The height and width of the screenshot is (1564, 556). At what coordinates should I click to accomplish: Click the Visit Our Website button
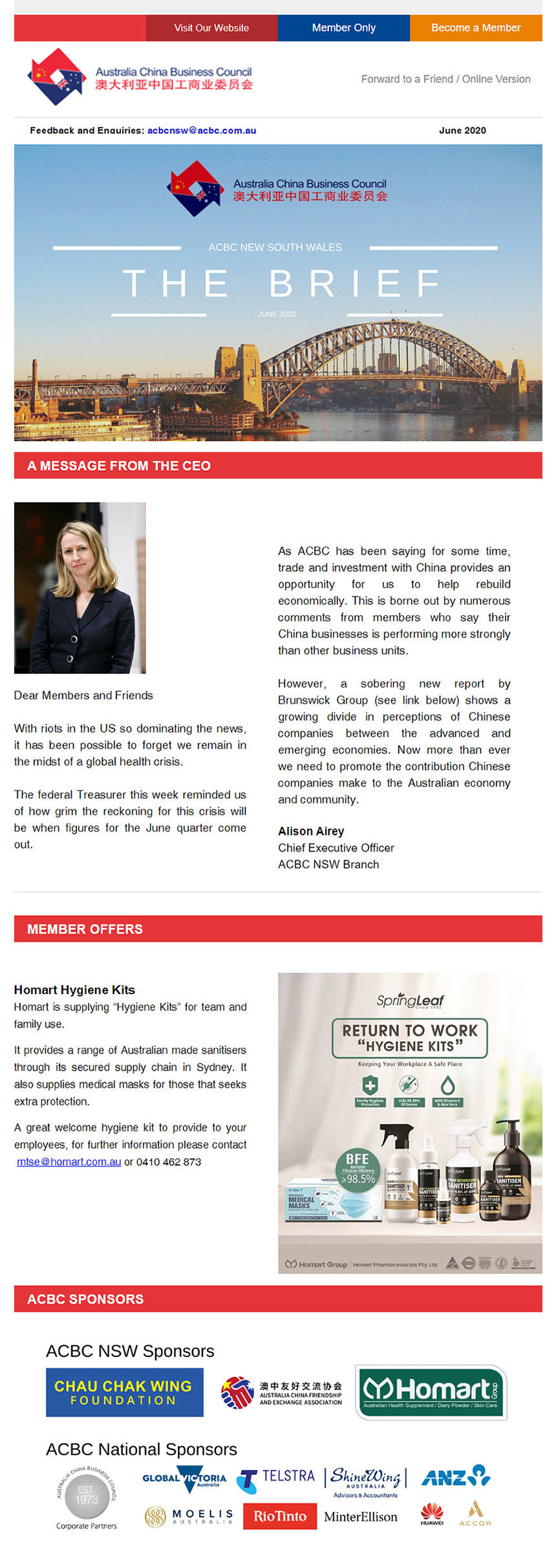[211, 28]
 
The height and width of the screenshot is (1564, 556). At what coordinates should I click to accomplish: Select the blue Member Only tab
[343, 28]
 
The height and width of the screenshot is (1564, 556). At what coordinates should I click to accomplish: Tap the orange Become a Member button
[476, 28]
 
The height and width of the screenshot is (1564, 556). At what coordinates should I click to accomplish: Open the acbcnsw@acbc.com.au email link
[201, 130]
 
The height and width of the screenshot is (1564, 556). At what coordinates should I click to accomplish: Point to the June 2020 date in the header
[462, 130]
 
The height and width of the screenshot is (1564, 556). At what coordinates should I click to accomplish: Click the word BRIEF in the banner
[355, 283]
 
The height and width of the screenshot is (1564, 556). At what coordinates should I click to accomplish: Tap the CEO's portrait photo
[80, 587]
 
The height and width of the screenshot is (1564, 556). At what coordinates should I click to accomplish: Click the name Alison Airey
[311, 831]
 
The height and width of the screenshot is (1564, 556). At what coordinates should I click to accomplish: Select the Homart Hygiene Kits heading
[74, 990]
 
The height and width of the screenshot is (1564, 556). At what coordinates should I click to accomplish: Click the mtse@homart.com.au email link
[69, 1162]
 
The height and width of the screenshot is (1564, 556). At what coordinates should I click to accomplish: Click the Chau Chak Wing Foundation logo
[124, 1393]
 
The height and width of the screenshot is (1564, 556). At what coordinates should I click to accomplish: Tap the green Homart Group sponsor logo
[431, 1393]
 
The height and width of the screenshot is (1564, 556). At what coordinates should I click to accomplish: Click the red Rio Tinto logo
[280, 1516]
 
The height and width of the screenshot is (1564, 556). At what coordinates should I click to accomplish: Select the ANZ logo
[456, 1477]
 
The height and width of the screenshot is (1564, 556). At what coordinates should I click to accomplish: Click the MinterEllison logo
[361, 1517]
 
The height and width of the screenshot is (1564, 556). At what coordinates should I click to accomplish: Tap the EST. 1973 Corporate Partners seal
[86, 1495]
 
